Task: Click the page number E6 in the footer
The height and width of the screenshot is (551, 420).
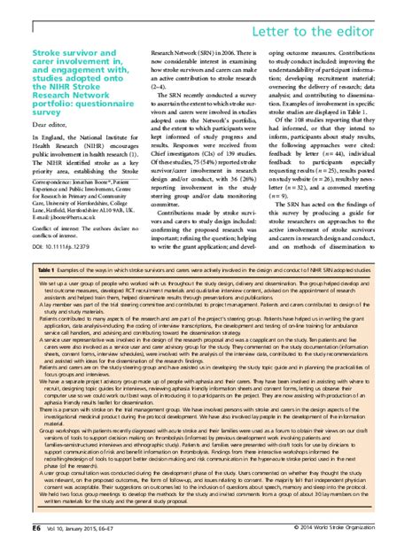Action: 26,526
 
